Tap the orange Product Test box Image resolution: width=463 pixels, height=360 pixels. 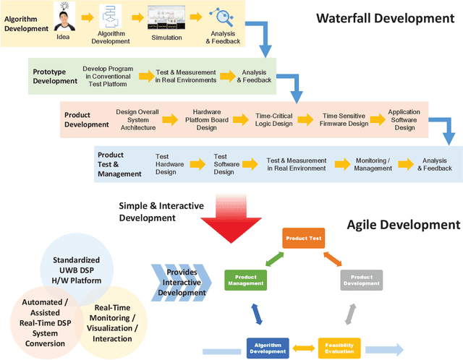click(x=302, y=237)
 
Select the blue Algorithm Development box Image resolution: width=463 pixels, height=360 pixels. click(x=268, y=348)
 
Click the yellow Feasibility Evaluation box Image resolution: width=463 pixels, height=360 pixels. click(x=339, y=348)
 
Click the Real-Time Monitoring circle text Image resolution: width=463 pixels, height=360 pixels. click(x=112, y=323)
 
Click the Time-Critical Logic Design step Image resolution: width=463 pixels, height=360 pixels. click(x=273, y=120)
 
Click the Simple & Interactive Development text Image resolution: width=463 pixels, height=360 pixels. click(x=161, y=211)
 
